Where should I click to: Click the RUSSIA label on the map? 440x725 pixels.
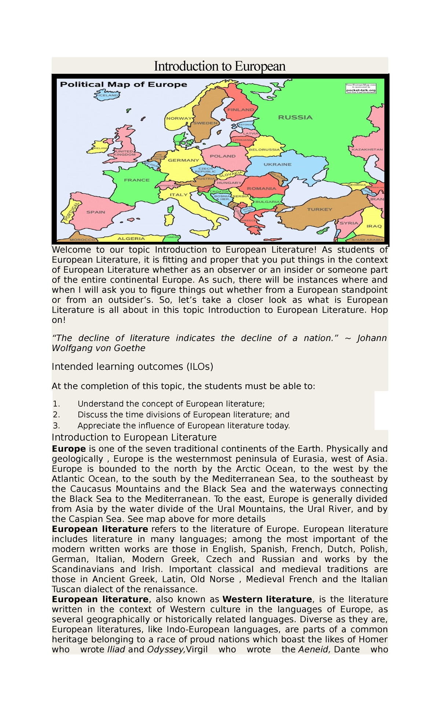pyautogui.click(x=295, y=117)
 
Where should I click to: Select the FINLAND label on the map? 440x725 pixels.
pyautogui.click(x=241, y=110)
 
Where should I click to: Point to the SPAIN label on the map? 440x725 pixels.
pyautogui.click(x=96, y=212)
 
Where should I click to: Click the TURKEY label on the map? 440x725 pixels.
pyautogui.click(x=320, y=209)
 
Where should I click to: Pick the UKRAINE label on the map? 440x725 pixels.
pyautogui.click(x=278, y=164)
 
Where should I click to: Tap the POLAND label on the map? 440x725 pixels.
pyautogui.click(x=223, y=156)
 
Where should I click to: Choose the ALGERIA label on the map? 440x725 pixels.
pyautogui.click(x=131, y=238)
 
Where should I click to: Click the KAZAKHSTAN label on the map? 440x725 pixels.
pyautogui.click(x=367, y=150)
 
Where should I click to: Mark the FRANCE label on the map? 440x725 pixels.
pyautogui.click(x=137, y=180)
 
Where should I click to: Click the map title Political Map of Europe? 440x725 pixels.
pyautogui.click(x=124, y=84)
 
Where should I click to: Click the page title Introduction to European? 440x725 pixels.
pyautogui.click(x=220, y=66)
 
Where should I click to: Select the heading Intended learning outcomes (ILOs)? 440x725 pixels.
pyautogui.click(x=132, y=367)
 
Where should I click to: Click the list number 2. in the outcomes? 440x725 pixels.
pyautogui.click(x=56, y=415)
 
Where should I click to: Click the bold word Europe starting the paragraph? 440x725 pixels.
pyautogui.click(x=69, y=449)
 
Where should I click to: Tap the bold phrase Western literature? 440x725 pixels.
pyautogui.click(x=267, y=599)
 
